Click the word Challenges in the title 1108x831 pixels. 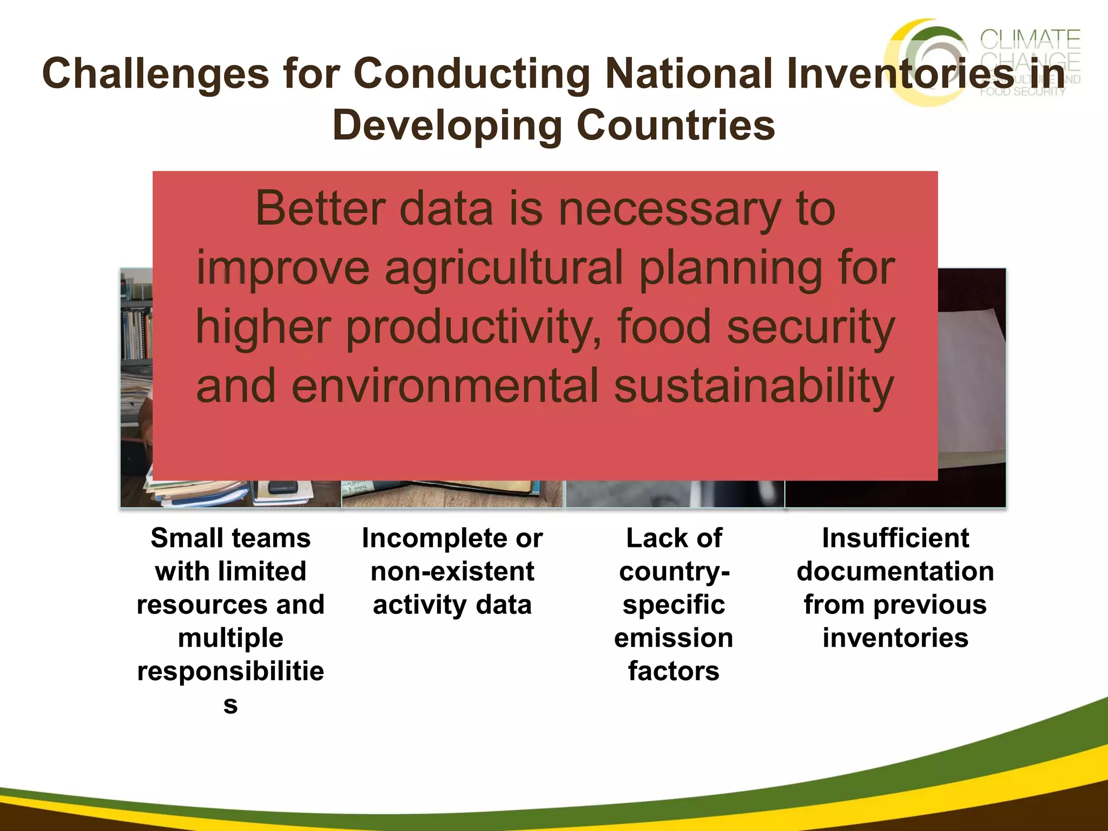coord(155,74)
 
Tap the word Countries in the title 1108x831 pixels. coord(676,126)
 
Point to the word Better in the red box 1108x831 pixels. coord(320,209)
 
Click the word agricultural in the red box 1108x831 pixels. coord(503,268)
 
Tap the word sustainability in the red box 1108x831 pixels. coord(754,386)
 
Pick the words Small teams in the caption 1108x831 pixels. coord(230,538)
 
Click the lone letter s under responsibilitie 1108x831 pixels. coord(230,704)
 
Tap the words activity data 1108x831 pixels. coord(452,605)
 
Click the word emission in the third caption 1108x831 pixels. coord(674,638)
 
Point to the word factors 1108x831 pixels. coord(674,671)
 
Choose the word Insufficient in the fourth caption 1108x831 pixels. coord(895,538)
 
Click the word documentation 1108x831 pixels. coord(895,571)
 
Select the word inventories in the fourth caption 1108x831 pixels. coord(895,638)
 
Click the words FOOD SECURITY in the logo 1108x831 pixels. coord(1023,92)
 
